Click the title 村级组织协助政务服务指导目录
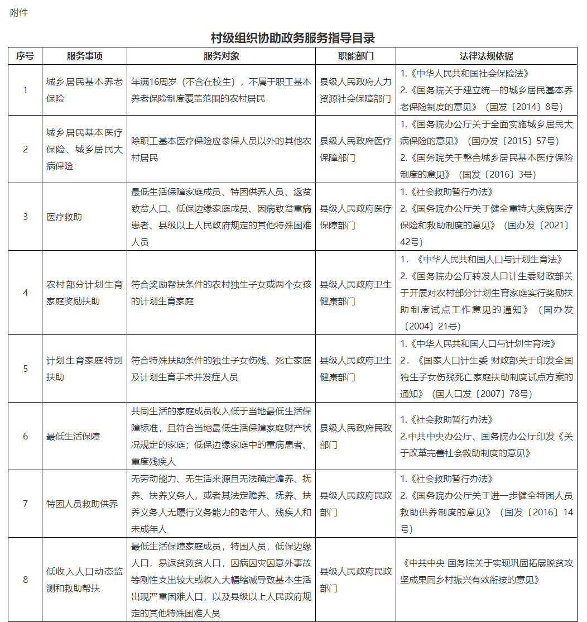pyautogui.click(x=293, y=38)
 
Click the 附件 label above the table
pyautogui.click(x=18, y=13)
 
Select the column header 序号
pyautogui.click(x=25, y=56)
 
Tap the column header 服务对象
pyautogui.click(x=222, y=56)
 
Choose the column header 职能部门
pyautogui.click(x=355, y=56)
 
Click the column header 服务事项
pyautogui.click(x=85, y=56)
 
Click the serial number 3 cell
pyautogui.click(x=25, y=217)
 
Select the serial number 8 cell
pyautogui.click(x=25, y=580)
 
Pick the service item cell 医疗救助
pyautogui.click(x=64, y=217)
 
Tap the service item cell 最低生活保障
pyautogui.click(x=73, y=436)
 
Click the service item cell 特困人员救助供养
pyautogui.click(x=82, y=504)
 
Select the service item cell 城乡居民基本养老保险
pyautogui.click(x=85, y=90)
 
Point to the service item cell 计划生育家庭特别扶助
pyautogui.click(x=85, y=369)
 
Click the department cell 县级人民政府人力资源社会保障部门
pyautogui.click(x=355, y=90)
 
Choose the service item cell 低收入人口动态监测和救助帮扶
pyautogui.click(x=85, y=580)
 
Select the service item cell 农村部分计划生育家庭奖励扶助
pyautogui.click(x=85, y=293)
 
